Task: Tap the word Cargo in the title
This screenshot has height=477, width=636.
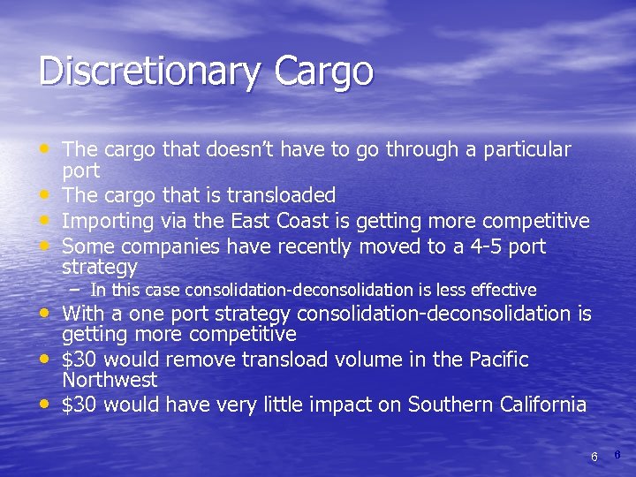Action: pos(316,71)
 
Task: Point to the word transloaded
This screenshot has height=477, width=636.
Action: pos(282,194)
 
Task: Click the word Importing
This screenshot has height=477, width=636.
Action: pos(107,220)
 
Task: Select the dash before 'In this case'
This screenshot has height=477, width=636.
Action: pos(77,288)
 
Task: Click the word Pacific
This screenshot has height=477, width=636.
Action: pos(496,360)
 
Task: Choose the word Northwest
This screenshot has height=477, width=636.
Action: pos(110,381)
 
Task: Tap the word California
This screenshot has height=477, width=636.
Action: pos(541,405)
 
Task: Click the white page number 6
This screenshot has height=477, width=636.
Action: pos(594,457)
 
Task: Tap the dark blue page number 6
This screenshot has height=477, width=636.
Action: pos(617,454)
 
